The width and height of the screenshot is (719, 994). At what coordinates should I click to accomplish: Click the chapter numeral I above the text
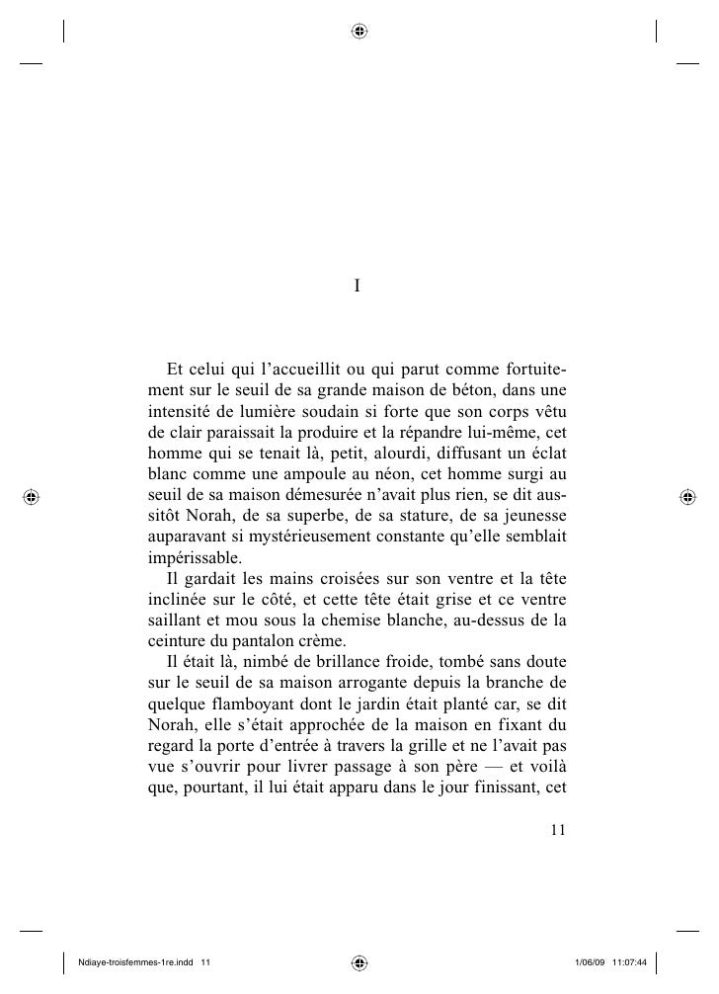click(x=359, y=287)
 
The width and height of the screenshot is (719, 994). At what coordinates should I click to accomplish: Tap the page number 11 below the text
click(x=557, y=831)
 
